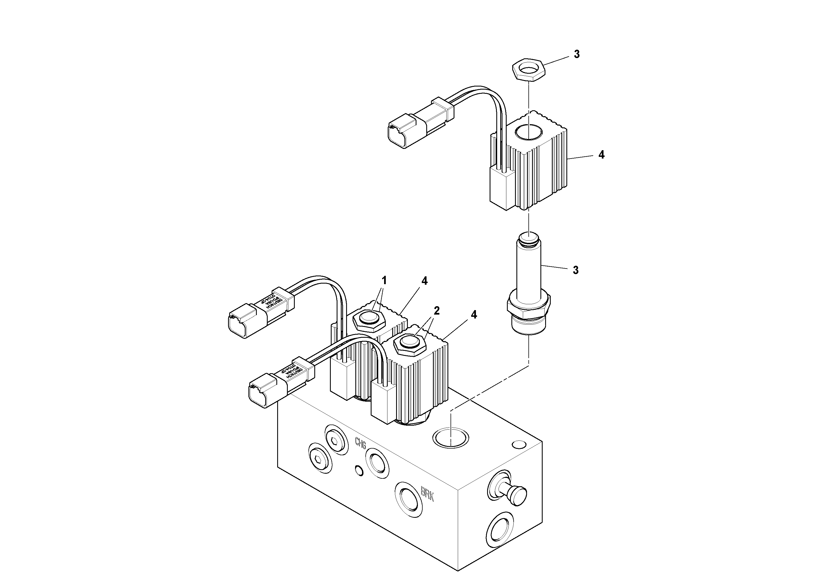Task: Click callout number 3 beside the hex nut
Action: tap(576, 54)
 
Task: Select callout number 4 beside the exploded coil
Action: tap(601, 155)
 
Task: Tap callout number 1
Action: tap(384, 281)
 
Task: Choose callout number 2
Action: tap(437, 310)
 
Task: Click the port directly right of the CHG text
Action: tap(377, 462)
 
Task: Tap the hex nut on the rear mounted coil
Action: tap(368, 318)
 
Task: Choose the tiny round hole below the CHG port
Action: tap(359, 471)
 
